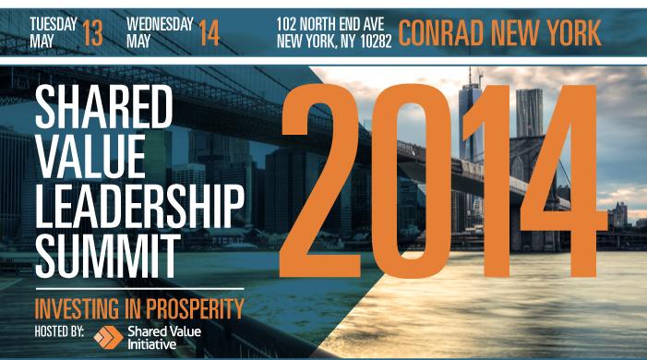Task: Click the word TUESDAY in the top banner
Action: (54, 24)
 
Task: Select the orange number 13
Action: (92, 33)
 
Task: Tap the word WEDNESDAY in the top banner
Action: (160, 24)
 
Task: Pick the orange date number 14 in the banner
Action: (209, 33)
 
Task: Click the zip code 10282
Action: (376, 42)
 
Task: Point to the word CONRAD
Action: (441, 33)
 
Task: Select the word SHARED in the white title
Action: (103, 106)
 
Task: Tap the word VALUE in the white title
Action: (90, 157)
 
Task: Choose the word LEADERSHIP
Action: (140, 207)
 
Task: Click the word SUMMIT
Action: (108, 256)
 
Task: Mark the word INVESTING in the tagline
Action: (77, 308)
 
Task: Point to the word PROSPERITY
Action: (195, 308)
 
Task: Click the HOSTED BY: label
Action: (59, 331)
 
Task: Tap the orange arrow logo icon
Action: (108, 337)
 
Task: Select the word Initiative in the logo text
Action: (152, 344)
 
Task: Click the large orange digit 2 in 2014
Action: (320, 181)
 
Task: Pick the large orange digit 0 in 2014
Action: (410, 181)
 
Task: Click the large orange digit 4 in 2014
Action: (564, 181)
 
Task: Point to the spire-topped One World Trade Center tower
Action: (471, 120)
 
